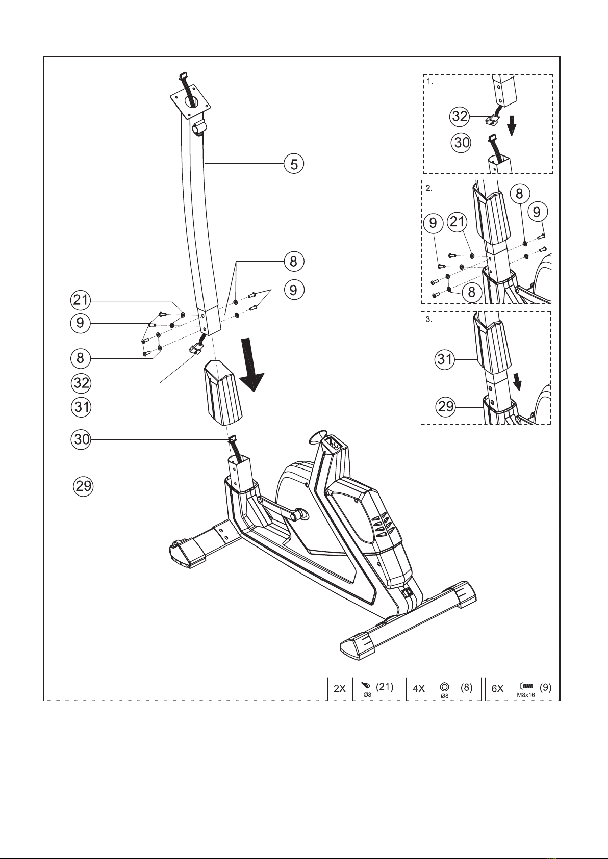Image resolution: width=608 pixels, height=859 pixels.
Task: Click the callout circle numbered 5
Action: [294, 164]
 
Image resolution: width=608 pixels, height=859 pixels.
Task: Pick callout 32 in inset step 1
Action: [460, 116]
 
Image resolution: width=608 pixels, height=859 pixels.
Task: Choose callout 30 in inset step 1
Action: [462, 143]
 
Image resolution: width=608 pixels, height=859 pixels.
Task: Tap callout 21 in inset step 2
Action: [457, 222]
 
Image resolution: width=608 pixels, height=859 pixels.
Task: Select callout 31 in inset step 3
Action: [445, 359]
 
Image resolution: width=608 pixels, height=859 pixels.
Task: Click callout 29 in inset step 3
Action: [445, 406]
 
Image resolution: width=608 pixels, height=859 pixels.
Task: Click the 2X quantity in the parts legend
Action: [340, 689]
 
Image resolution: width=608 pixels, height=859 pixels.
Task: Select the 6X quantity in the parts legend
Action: [498, 689]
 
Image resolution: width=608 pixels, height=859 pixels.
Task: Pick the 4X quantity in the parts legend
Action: [419, 689]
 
